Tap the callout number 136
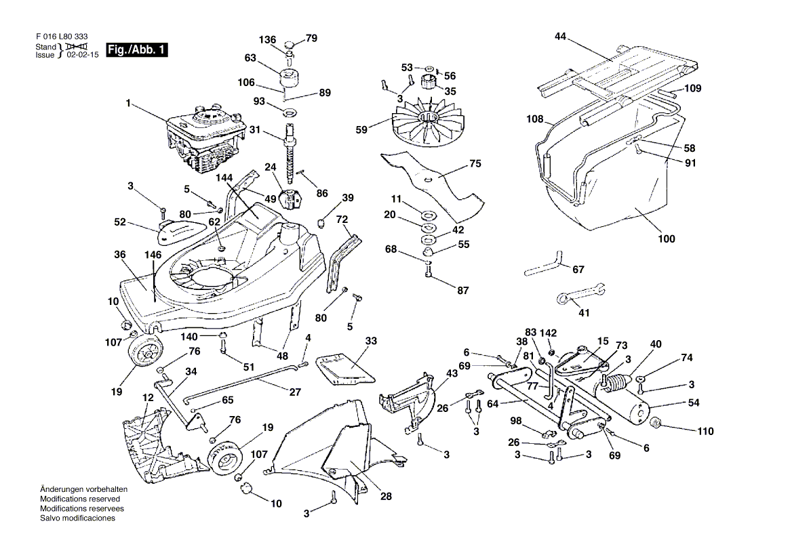[x=269, y=40]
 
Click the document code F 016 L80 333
[x=61, y=37]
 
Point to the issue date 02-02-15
[x=82, y=55]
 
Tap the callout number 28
[x=386, y=496]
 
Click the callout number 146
[x=153, y=255]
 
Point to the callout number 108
[x=535, y=119]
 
